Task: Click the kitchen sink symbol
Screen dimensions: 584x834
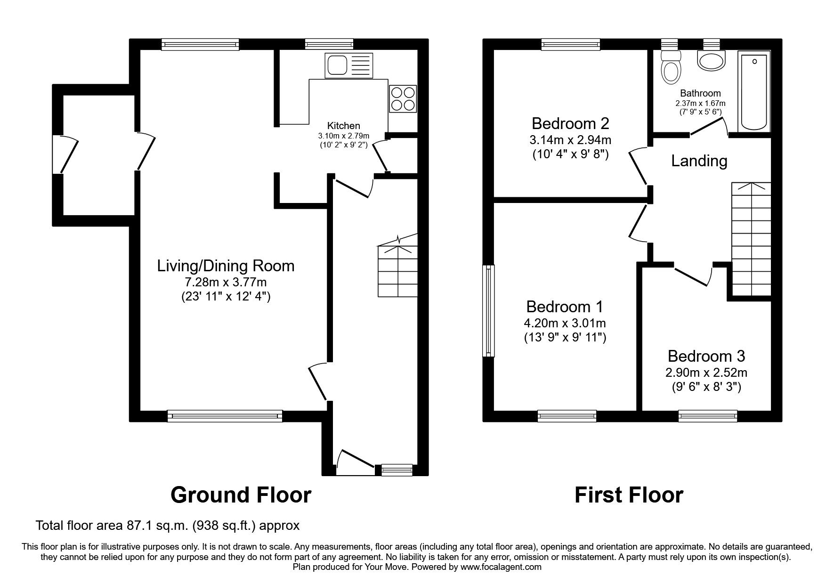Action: click(x=348, y=65)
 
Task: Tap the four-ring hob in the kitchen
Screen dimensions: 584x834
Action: click(x=403, y=98)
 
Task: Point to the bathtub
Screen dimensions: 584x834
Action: click(x=755, y=92)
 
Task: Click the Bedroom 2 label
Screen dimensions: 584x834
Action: click(x=570, y=124)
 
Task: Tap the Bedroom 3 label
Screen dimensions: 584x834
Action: click(x=706, y=356)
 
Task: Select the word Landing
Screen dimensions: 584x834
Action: click(x=699, y=161)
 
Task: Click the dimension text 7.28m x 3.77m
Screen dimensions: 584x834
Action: click(x=226, y=283)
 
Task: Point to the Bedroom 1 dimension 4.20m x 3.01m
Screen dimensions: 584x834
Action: click(x=565, y=323)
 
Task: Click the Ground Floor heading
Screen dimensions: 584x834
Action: click(x=241, y=495)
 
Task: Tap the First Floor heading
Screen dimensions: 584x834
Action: click(x=629, y=495)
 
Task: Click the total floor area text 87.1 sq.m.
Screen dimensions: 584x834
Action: click(x=168, y=525)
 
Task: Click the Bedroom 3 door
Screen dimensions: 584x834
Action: click(x=692, y=277)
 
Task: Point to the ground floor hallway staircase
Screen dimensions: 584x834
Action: click(x=397, y=271)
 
